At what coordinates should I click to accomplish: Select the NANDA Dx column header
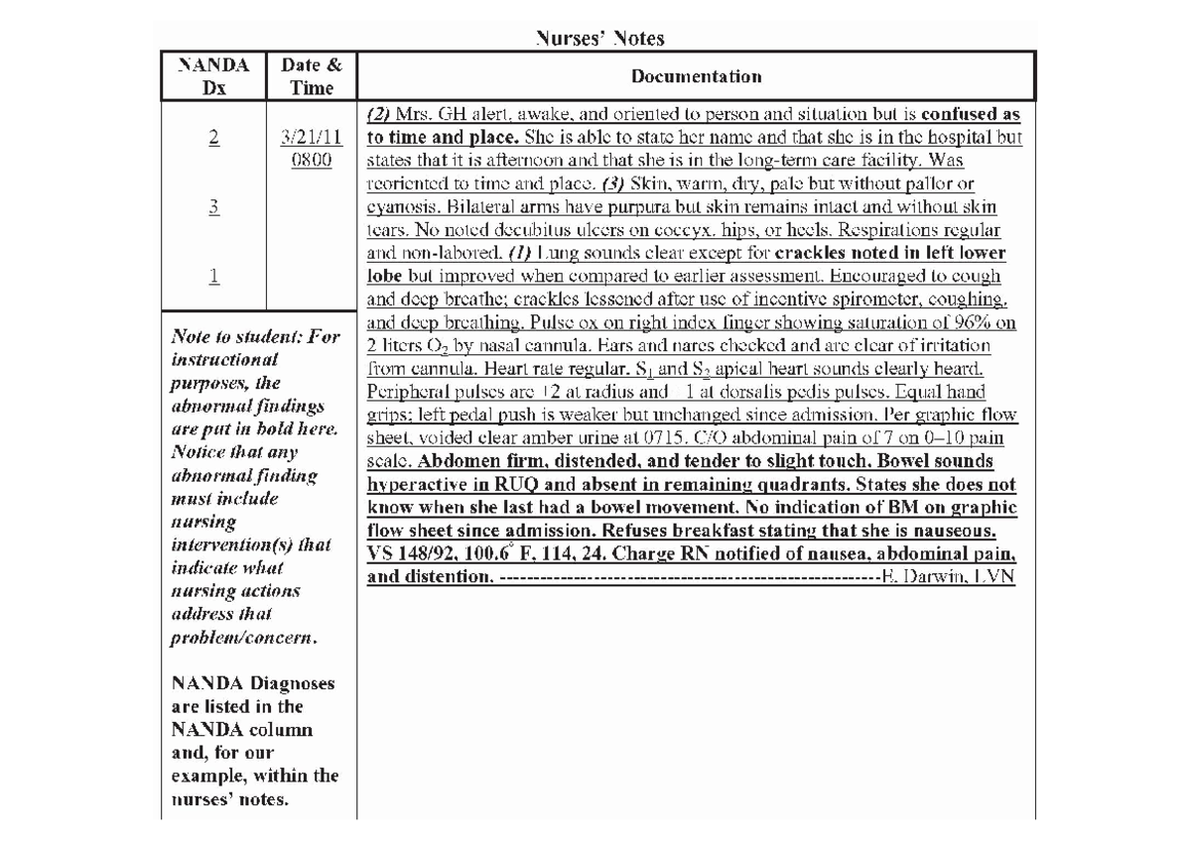212,76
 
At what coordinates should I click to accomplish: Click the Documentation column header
697,76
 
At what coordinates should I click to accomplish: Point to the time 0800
312,161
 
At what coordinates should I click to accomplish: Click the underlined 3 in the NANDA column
213,207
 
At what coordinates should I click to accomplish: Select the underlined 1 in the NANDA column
213,278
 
